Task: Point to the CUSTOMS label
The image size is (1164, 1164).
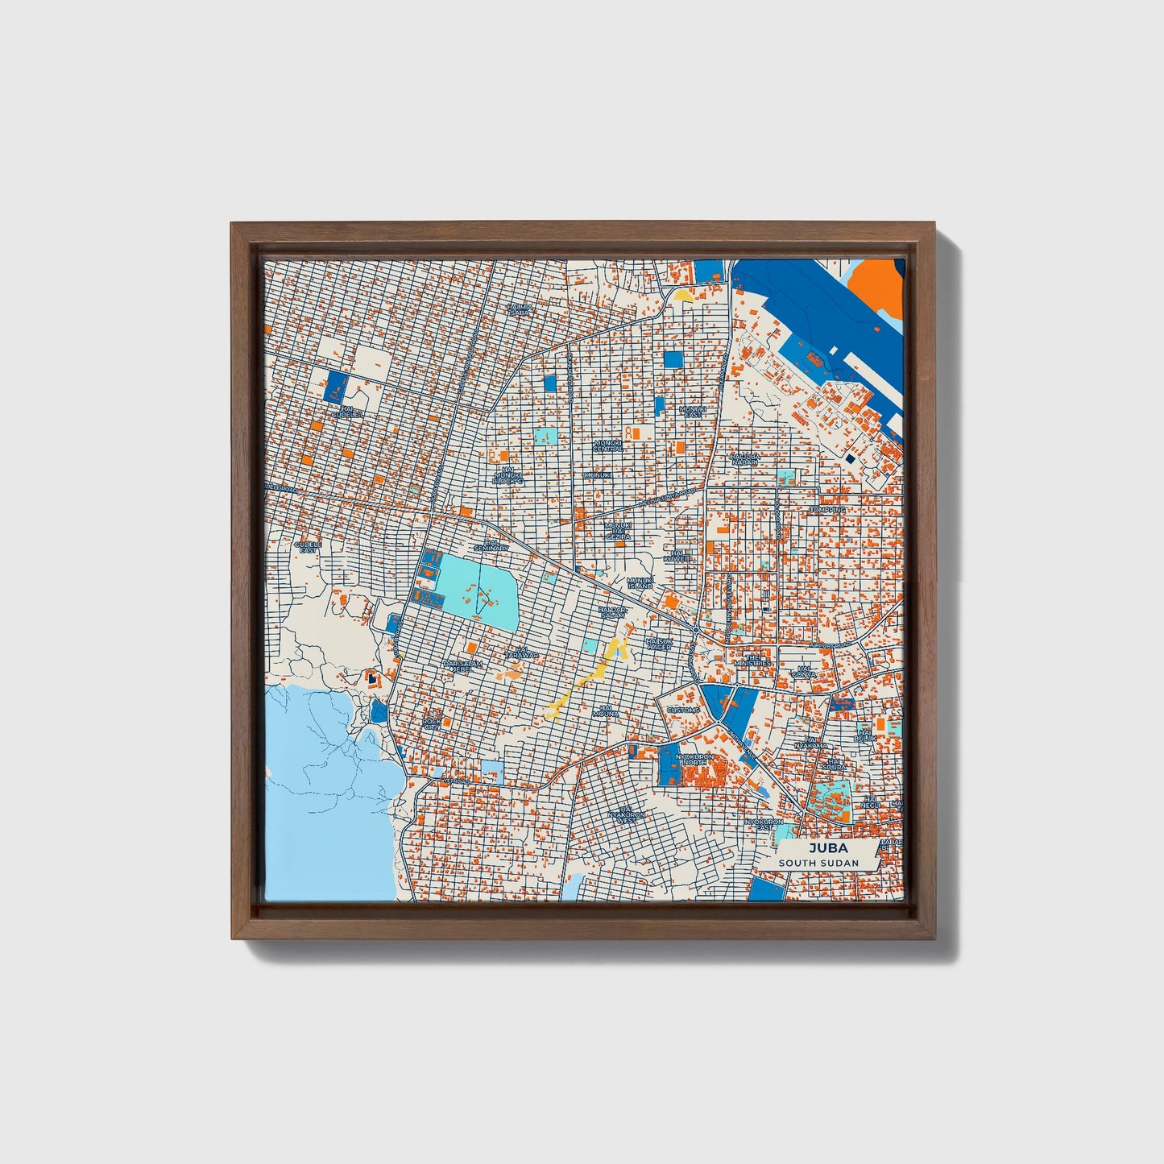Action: [684, 710]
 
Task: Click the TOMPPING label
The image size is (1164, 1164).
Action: [828, 510]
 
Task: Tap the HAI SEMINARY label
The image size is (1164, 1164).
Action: [491, 545]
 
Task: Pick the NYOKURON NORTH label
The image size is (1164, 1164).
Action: [697, 760]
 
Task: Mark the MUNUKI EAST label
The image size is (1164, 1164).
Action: [692, 412]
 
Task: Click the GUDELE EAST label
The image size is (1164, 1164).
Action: [307, 547]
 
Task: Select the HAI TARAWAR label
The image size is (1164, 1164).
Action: [522, 653]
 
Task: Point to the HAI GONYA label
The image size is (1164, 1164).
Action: [803, 672]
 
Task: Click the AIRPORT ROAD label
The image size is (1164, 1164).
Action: [830, 645]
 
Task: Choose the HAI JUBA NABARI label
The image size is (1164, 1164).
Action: [745, 458]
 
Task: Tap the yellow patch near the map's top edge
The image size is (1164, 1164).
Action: [685, 296]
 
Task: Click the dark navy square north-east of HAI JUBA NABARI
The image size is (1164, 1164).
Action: [850, 458]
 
